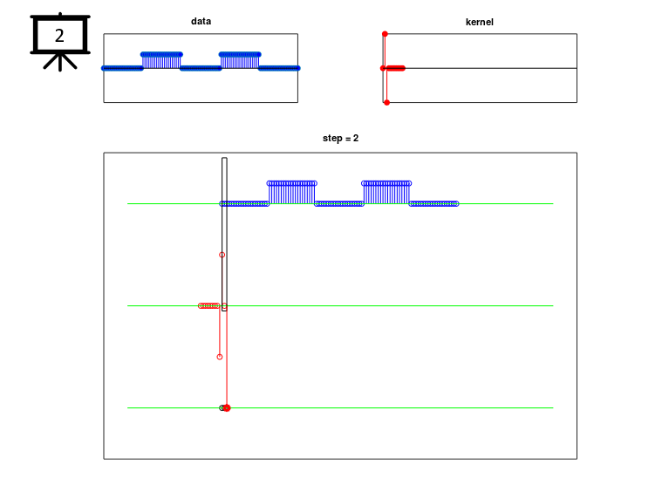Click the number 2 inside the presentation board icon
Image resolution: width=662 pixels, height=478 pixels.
point(59,36)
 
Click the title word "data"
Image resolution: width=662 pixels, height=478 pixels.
point(201,21)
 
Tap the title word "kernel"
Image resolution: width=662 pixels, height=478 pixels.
point(479,22)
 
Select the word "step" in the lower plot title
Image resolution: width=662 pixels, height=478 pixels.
point(331,139)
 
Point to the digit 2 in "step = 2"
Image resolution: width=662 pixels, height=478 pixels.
point(356,138)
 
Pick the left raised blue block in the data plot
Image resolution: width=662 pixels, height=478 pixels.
point(161,60)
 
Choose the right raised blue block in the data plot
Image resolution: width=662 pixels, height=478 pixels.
point(240,60)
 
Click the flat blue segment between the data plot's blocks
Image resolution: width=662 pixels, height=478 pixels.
point(201,68)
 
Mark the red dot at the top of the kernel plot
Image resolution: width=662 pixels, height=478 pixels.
point(385,34)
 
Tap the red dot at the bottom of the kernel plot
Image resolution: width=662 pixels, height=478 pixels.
point(386,103)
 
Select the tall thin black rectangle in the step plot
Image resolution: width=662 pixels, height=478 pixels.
point(224,235)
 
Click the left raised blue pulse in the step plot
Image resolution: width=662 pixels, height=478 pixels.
point(291,193)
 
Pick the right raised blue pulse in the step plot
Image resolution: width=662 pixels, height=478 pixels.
point(386,193)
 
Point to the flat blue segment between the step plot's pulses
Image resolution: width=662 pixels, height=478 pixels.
point(339,204)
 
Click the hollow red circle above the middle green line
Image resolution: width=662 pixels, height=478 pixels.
point(222,255)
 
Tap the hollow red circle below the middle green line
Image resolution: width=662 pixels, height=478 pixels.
point(220,357)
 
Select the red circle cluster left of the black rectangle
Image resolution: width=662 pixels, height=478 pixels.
point(208,305)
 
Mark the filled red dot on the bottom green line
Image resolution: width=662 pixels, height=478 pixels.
point(227,408)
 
